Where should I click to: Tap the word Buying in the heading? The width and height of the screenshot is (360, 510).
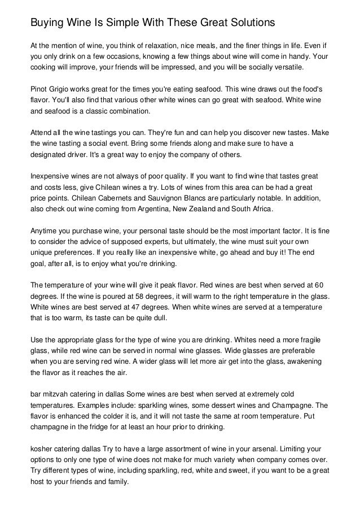[47, 23]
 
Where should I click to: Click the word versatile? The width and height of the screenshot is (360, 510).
[286, 67]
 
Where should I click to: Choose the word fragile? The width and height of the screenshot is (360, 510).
[315, 340]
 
